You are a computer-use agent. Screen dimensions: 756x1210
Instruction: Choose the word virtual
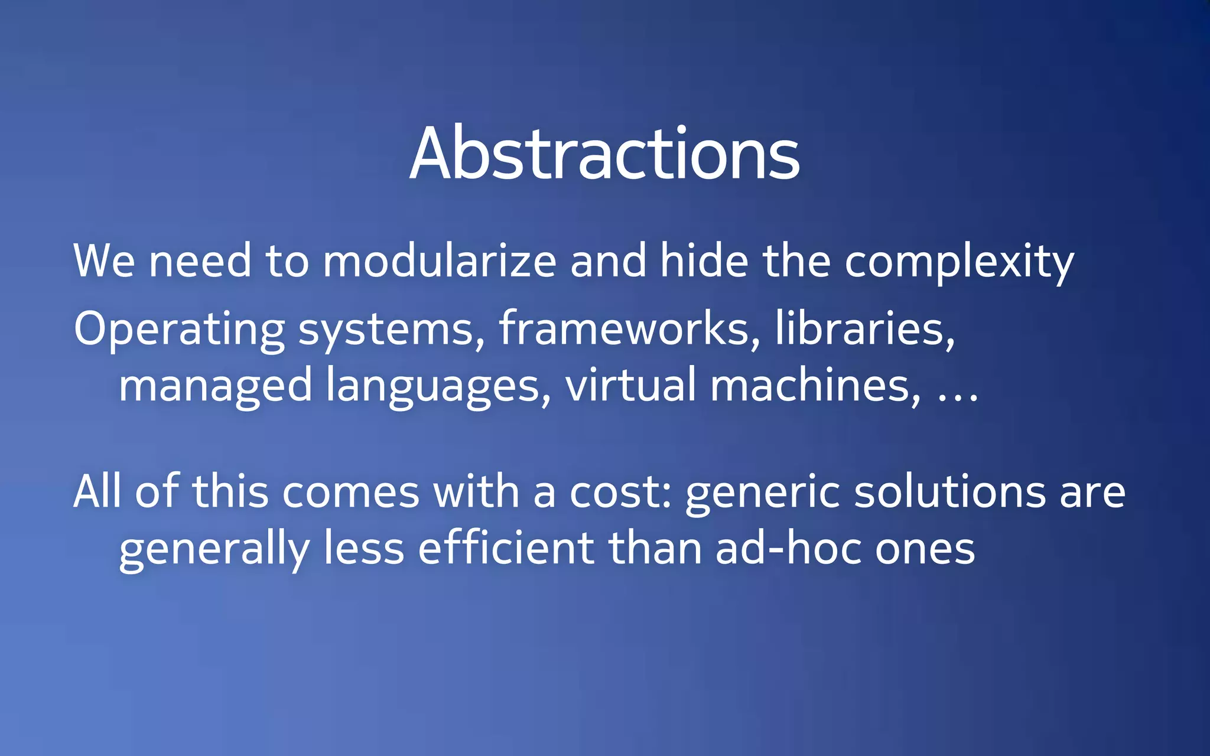630,384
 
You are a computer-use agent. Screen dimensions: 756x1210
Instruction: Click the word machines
814,385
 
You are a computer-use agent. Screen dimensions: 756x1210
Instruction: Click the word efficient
506,548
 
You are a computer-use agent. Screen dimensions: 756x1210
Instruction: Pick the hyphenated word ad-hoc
788,548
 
